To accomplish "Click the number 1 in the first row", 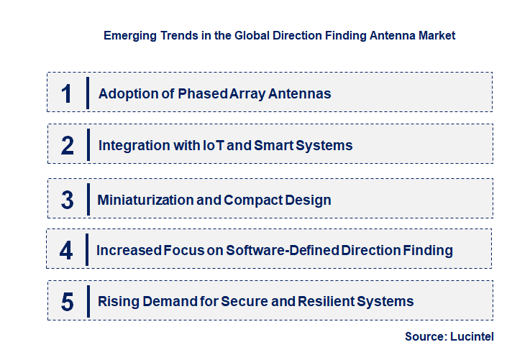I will click(67, 93).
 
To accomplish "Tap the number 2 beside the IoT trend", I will click(67, 146).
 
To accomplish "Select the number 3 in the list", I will click(67, 200).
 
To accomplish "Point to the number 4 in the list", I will click(66, 251).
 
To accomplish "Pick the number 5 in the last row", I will click(67, 302).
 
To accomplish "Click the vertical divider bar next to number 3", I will click(88, 198).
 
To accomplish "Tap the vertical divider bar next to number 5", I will click(88, 300).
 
